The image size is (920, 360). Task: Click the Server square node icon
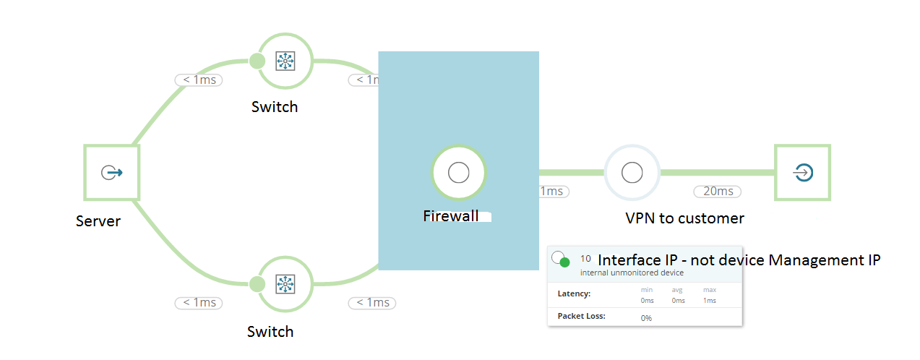click(111, 173)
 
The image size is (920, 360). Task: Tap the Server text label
click(98, 221)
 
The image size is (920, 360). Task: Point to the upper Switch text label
click(275, 107)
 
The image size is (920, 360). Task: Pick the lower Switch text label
click(270, 332)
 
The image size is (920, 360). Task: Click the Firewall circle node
click(458, 173)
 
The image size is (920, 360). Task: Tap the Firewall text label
click(451, 215)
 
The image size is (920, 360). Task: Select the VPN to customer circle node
click(632, 173)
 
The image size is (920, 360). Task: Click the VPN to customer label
click(684, 218)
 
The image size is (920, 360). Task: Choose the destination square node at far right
click(802, 173)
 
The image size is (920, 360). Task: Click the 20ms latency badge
click(718, 192)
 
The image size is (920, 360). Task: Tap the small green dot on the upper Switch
click(257, 61)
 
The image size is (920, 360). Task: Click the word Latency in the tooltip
click(575, 293)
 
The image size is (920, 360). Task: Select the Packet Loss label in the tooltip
click(582, 316)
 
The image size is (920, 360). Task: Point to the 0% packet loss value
click(646, 317)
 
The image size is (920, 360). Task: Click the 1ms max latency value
click(709, 300)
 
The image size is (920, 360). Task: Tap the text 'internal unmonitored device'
click(632, 273)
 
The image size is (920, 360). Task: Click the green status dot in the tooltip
click(565, 262)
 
